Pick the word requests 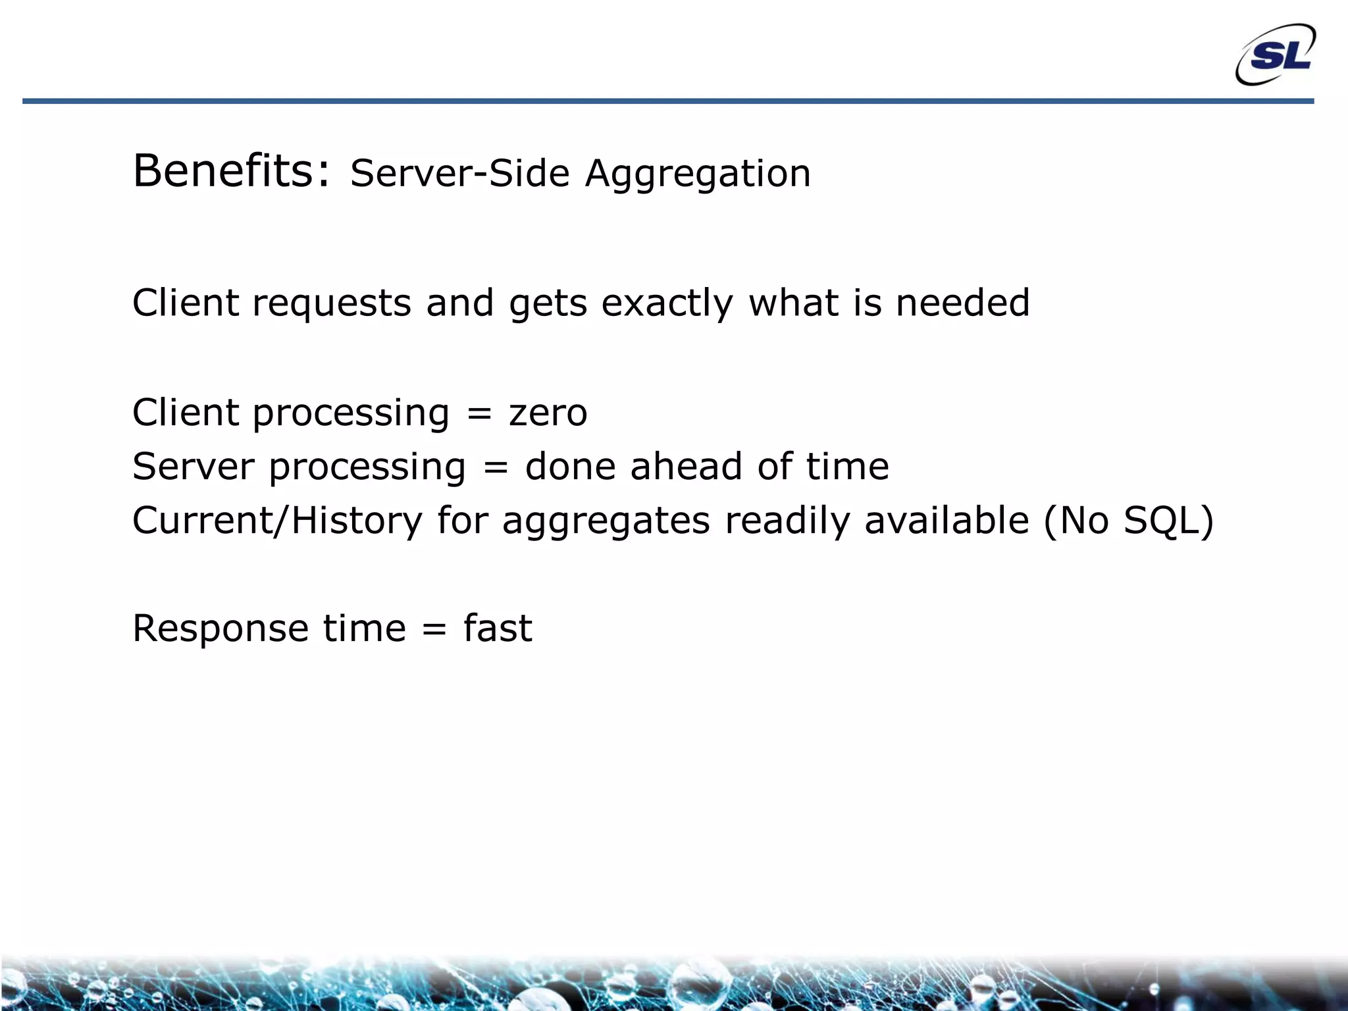tap(332, 304)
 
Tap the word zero tap(548, 413)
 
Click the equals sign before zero tap(479, 414)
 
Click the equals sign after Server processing tap(495, 468)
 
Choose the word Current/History tap(277, 521)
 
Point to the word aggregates tap(606, 522)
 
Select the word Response tap(220, 629)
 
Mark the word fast tap(498, 628)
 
